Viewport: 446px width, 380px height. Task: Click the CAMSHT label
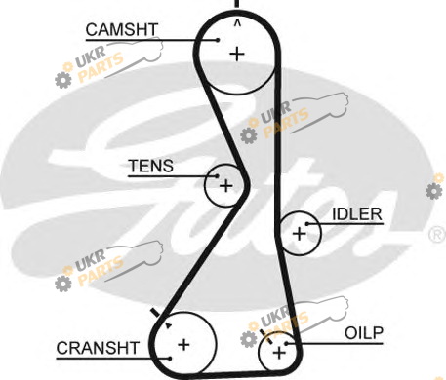coord(122,30)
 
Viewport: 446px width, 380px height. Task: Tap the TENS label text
coord(151,166)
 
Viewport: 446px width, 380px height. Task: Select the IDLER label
coord(357,214)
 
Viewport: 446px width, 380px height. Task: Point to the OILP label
coord(364,333)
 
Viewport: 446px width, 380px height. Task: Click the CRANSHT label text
coord(98,348)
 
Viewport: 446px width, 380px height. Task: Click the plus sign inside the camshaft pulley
coord(237,54)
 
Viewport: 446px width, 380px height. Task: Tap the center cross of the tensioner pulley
coord(226,186)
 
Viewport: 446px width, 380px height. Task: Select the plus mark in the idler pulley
coord(300,234)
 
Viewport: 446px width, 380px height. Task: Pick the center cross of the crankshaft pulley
coord(183,344)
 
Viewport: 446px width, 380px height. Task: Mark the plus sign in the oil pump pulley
coord(279,353)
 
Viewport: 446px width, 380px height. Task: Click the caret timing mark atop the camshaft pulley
coord(237,22)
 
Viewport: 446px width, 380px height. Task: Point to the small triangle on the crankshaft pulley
coord(168,325)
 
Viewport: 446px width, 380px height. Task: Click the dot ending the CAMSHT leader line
coord(218,40)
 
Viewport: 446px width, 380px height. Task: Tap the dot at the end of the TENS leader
coord(218,176)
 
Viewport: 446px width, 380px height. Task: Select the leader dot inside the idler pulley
coord(306,224)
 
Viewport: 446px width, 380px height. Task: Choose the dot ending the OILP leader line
coord(286,343)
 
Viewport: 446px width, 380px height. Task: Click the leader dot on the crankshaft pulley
coord(170,359)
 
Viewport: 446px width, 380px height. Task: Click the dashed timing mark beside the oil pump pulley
coord(266,336)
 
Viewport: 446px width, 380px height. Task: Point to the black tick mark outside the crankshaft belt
coord(155,313)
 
